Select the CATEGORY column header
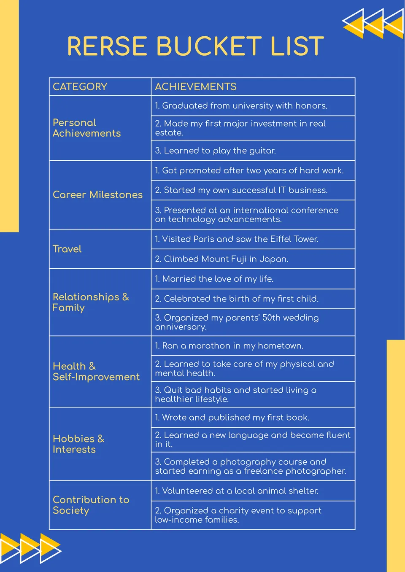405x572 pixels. (80, 87)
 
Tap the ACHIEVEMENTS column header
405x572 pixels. (195, 87)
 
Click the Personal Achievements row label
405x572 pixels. (86, 128)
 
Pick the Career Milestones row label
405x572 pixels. (97, 195)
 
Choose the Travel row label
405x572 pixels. (67, 249)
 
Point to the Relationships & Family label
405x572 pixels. (90, 302)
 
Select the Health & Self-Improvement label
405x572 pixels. (96, 372)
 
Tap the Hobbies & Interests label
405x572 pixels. (78, 444)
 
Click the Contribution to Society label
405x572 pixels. (91, 505)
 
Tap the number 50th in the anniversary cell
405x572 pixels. (271, 318)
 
